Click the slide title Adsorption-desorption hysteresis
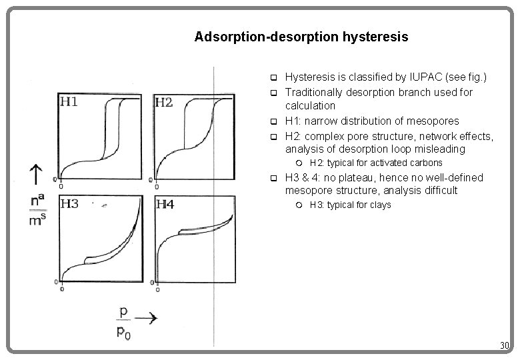pos(301,36)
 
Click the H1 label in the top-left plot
pos(70,101)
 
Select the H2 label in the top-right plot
pos(164,102)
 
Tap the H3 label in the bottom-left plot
pos(70,204)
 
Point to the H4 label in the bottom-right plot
pos(165,205)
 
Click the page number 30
pos(505,345)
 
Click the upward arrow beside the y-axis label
pos(31,175)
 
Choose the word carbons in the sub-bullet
pos(425,163)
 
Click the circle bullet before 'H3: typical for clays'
pos(299,205)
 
